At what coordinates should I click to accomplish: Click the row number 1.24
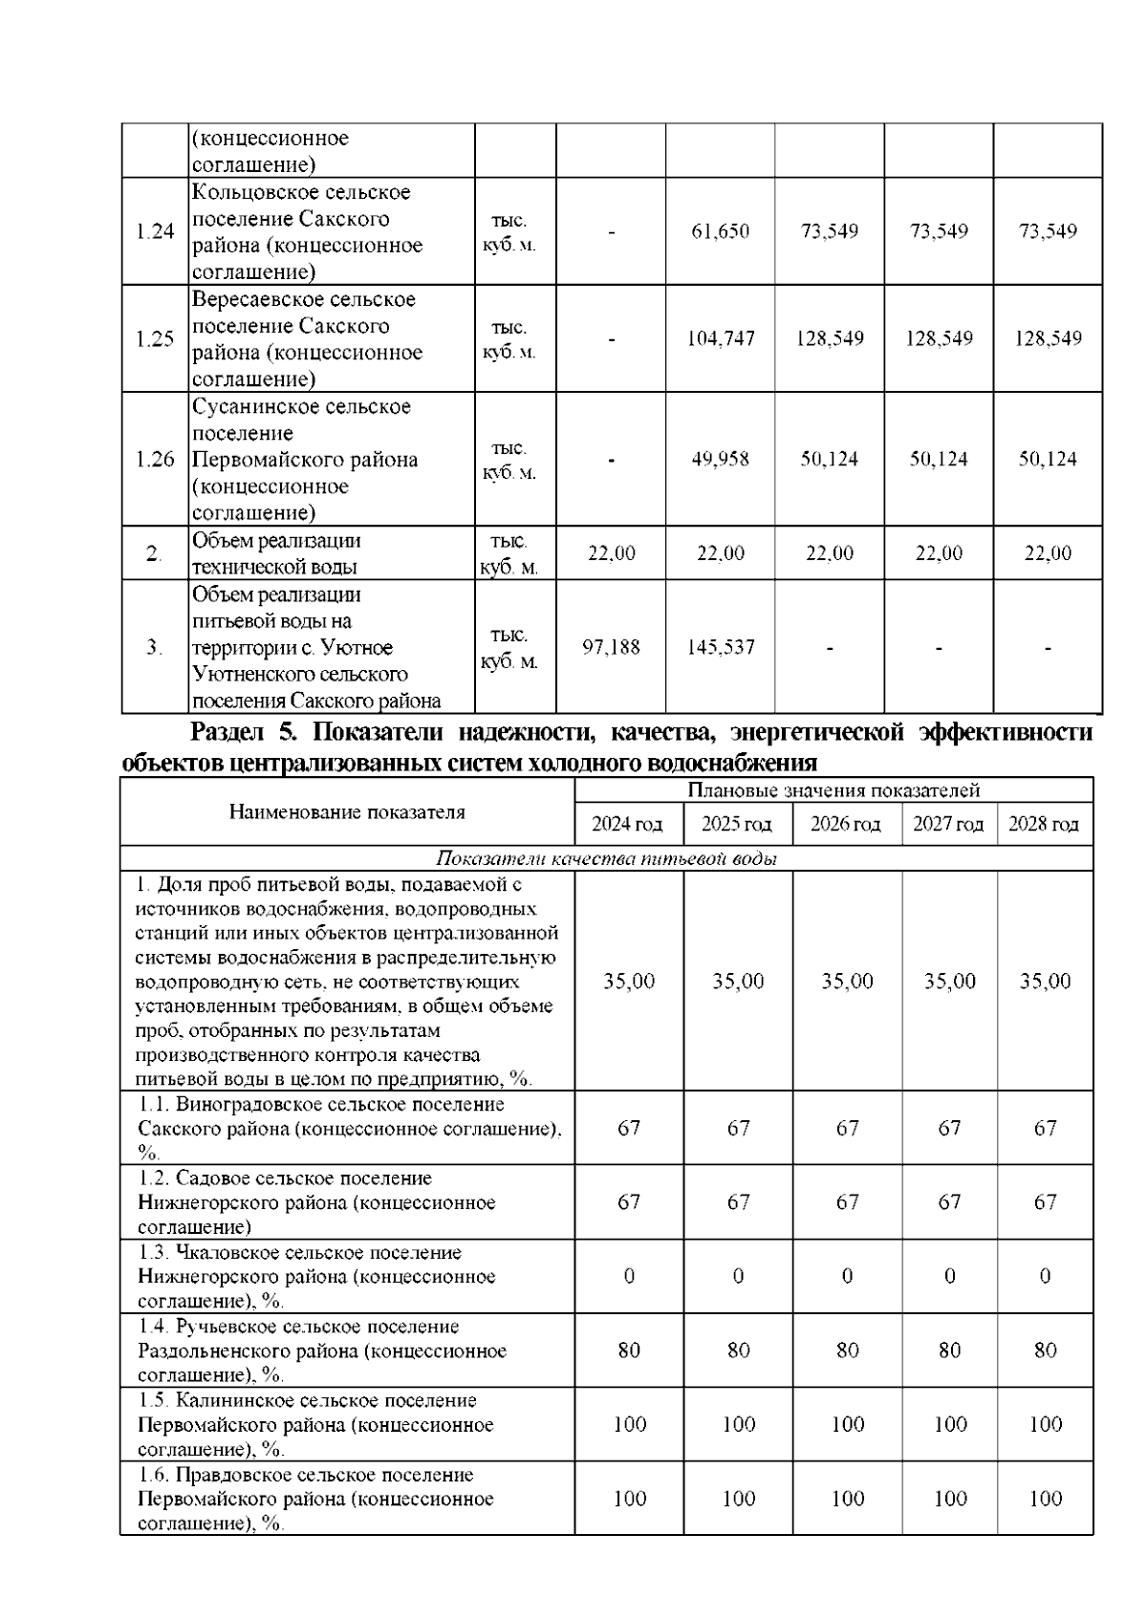[155, 231]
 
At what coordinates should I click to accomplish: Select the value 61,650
[721, 231]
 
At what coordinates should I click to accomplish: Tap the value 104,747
[721, 338]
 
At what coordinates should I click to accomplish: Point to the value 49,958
[721, 459]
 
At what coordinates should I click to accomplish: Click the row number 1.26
[155, 459]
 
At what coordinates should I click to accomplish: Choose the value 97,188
[611, 647]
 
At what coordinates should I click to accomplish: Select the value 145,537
[721, 647]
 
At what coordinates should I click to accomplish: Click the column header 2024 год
[627, 825]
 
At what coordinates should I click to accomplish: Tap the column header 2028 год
[1044, 825]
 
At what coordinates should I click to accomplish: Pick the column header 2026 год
[846, 825]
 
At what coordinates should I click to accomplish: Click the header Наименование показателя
[347, 812]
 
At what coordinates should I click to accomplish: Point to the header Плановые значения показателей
[833, 790]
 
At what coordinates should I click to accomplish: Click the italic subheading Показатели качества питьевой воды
[606, 859]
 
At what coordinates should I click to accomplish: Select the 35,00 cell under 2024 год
[629, 982]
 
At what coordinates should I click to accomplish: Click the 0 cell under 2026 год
[847, 1276]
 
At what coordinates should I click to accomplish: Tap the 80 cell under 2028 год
[1045, 1351]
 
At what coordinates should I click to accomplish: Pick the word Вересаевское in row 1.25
[251, 299]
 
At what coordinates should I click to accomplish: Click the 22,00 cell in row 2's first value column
[611, 553]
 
